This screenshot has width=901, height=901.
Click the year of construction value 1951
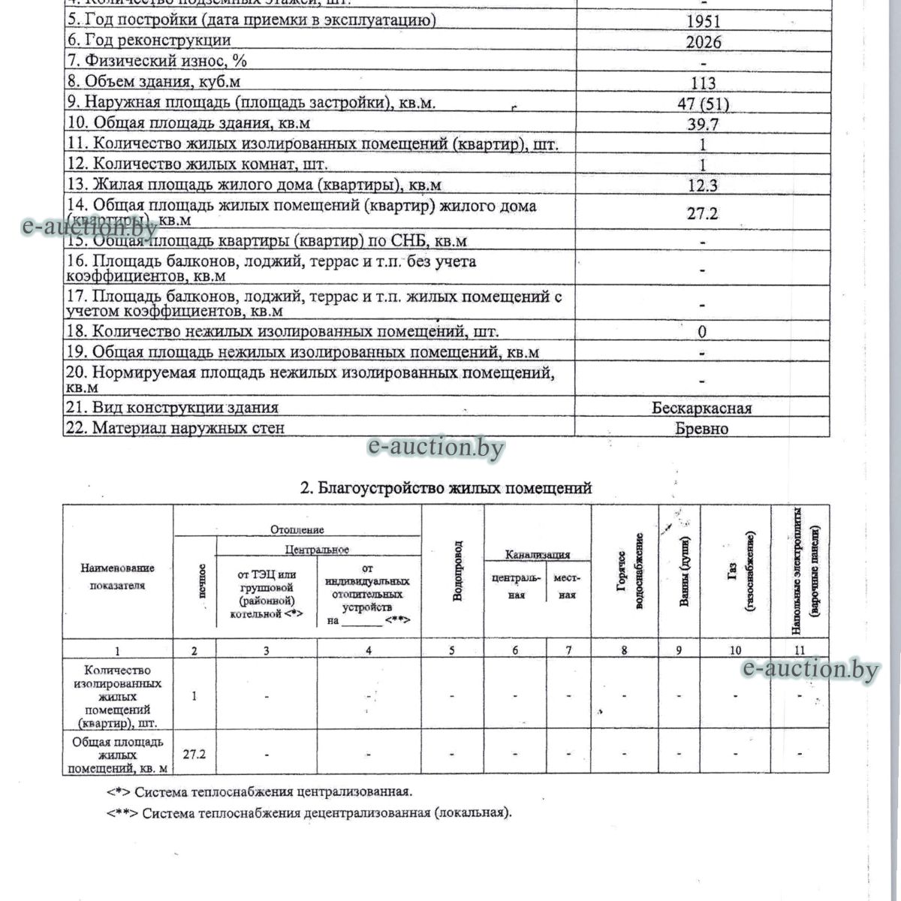(702, 21)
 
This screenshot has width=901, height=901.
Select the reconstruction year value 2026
(704, 42)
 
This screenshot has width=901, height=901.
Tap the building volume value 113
(702, 83)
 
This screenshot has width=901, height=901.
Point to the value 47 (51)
(703, 104)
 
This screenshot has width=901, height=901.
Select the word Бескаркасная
(702, 408)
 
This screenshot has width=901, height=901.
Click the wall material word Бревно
(702, 429)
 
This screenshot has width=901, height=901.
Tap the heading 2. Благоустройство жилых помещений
(446, 489)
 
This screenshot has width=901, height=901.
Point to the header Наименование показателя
(117, 577)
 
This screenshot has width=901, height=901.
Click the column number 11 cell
(800, 650)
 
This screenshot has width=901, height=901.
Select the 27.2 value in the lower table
(194, 753)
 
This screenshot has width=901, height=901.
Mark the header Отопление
(297, 530)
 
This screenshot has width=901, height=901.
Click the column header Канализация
(538, 555)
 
